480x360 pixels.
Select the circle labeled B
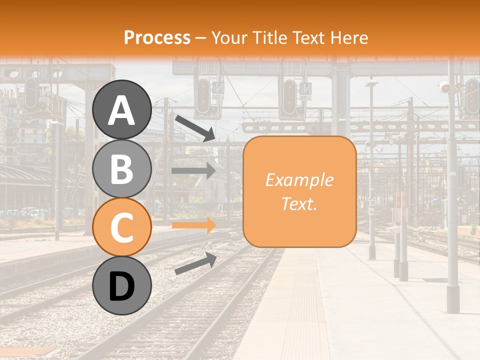[122, 168]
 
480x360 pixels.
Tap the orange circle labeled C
[122, 226]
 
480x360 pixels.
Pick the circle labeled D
[122, 285]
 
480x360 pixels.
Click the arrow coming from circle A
[194, 127]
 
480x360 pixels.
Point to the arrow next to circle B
[193, 171]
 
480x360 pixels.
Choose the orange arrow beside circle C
[193, 225]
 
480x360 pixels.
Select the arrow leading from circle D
[195, 263]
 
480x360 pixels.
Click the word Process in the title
[157, 38]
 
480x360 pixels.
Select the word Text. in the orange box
[299, 204]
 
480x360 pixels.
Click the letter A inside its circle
[122, 110]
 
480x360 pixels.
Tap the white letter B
[122, 169]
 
